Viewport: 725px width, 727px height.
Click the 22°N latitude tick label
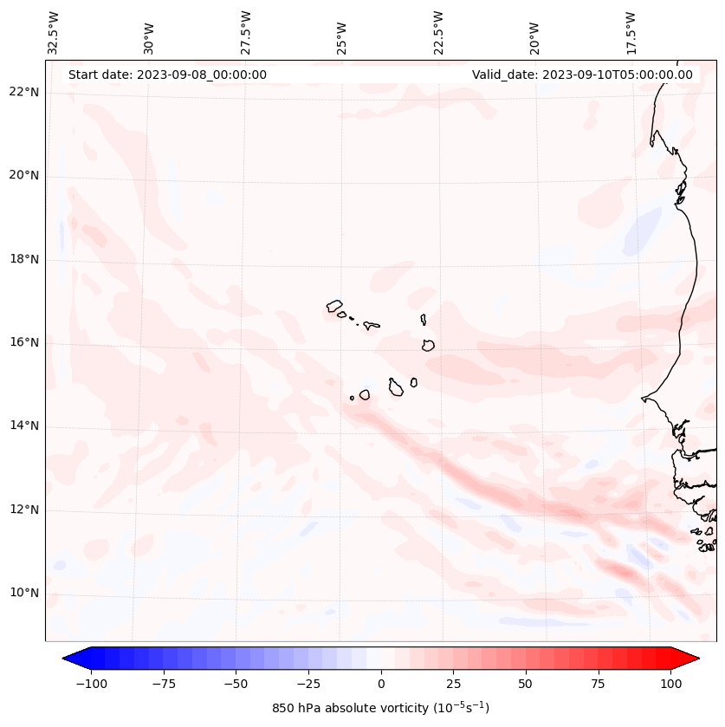pos(23,93)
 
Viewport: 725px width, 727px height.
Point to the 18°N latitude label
pos(23,259)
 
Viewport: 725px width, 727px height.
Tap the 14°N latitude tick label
pos(23,425)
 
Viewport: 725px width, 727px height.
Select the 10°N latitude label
pos(23,594)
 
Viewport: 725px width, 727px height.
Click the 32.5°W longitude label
pos(54,32)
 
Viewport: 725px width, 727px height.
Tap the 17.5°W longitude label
pos(631,32)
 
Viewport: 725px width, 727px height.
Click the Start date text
pos(167,75)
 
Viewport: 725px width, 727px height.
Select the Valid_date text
pos(582,75)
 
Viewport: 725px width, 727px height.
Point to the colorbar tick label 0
pos(380,684)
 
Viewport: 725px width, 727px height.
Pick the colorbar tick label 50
pos(526,684)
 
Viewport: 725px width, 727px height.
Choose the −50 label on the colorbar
pos(234,684)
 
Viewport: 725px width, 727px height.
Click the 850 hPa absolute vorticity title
pos(380,709)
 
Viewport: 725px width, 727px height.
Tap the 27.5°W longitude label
pos(246,32)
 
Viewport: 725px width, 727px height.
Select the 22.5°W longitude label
pos(438,32)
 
